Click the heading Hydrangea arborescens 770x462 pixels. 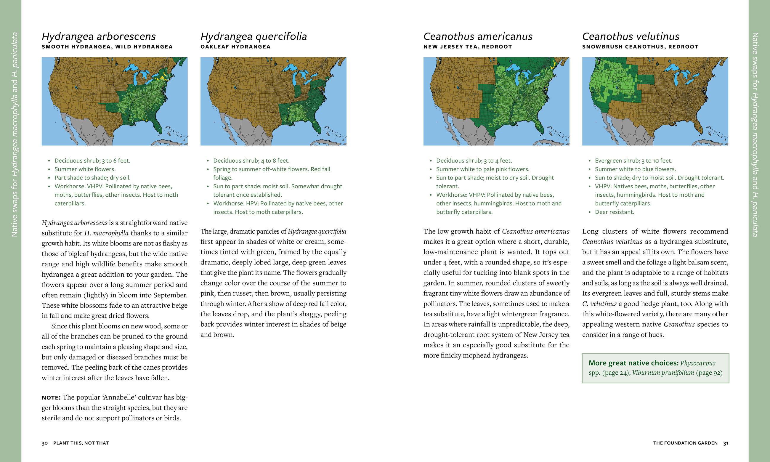click(99, 36)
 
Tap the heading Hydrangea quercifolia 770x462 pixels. click(253, 36)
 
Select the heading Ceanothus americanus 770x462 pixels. click(477, 36)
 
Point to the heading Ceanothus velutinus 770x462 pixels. click(631, 36)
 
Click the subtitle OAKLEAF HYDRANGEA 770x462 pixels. click(235, 47)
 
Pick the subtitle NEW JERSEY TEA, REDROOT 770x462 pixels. click(467, 47)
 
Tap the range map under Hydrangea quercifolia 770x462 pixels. click(273, 101)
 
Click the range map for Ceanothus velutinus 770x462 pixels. click(655, 101)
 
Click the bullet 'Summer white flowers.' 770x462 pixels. click(85, 169)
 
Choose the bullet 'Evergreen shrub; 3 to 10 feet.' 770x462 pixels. click(633, 161)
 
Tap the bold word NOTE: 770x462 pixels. click(51, 397)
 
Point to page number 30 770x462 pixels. click(44, 443)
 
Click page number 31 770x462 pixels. click(726, 443)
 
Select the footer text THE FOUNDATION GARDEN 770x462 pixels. click(685, 443)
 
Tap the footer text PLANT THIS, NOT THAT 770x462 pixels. click(81, 443)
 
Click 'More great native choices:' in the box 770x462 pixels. click(633, 363)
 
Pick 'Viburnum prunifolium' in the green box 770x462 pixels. click(662, 373)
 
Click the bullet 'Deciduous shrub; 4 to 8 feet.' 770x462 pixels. click(251, 161)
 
